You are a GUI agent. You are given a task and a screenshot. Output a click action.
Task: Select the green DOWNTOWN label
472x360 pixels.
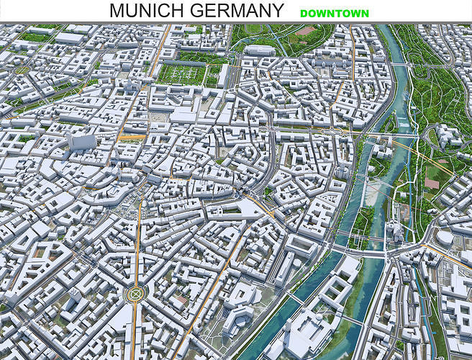point(334,13)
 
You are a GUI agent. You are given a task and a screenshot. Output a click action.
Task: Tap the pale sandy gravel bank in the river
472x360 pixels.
point(373,191)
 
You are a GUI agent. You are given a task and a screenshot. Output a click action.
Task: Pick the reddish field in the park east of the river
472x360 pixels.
point(431,183)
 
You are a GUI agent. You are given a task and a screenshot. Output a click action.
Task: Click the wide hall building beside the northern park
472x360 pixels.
point(260,50)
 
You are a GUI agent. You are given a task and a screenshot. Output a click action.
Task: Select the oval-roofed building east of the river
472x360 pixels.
point(445,238)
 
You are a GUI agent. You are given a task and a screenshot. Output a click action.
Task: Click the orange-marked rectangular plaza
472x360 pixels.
point(132,135)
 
